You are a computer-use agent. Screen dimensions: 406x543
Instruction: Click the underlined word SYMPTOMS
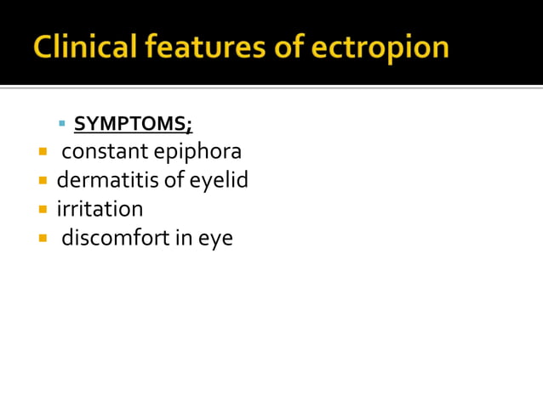tap(130, 125)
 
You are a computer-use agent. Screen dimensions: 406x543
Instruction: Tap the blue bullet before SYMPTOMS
tap(62, 124)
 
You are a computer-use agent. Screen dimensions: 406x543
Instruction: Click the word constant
tap(104, 152)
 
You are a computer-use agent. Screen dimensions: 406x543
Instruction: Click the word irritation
tap(100, 209)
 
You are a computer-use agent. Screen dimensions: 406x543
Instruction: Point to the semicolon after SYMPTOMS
tap(190, 127)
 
